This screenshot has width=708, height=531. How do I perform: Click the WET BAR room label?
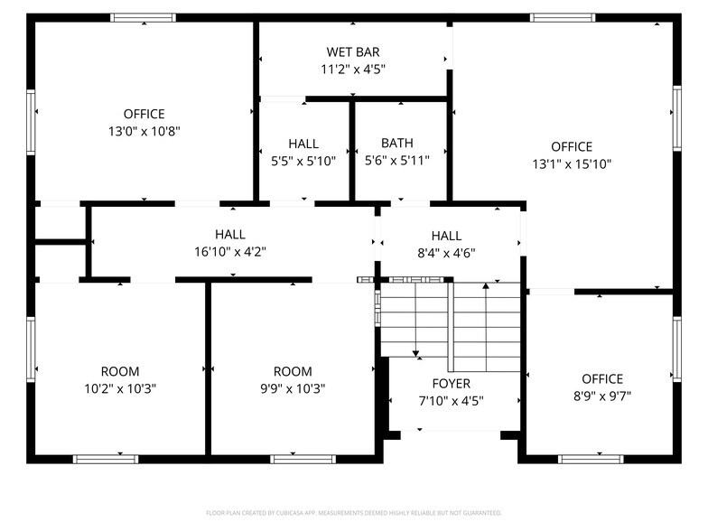(353, 52)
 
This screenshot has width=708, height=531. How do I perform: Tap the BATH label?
(396, 143)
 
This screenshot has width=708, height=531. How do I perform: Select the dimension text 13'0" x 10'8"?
(144, 130)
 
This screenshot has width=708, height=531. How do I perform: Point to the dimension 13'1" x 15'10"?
(572, 163)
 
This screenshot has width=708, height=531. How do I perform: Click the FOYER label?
(451, 384)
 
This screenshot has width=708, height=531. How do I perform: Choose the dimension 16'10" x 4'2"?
(230, 252)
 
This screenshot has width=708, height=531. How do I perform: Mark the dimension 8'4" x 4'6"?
(446, 253)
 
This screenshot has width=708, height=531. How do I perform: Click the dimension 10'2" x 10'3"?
(120, 388)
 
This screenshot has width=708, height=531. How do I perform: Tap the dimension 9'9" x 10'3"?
(293, 388)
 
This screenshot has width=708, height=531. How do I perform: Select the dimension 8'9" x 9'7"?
(602, 396)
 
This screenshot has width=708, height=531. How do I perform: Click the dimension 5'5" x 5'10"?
(303, 161)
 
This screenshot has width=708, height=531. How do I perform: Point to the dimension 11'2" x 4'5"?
(353, 69)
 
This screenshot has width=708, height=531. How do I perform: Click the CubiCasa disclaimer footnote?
(354, 512)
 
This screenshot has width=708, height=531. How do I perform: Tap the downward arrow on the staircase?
(415, 351)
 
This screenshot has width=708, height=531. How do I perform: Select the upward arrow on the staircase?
(486, 287)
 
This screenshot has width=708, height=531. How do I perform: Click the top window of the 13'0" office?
(144, 17)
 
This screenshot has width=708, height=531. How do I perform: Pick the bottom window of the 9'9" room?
(303, 459)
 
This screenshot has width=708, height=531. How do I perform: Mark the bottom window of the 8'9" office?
(591, 459)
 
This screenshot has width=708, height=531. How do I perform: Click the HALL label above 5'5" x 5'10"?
(303, 144)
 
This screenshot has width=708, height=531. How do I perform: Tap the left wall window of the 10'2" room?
(31, 348)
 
